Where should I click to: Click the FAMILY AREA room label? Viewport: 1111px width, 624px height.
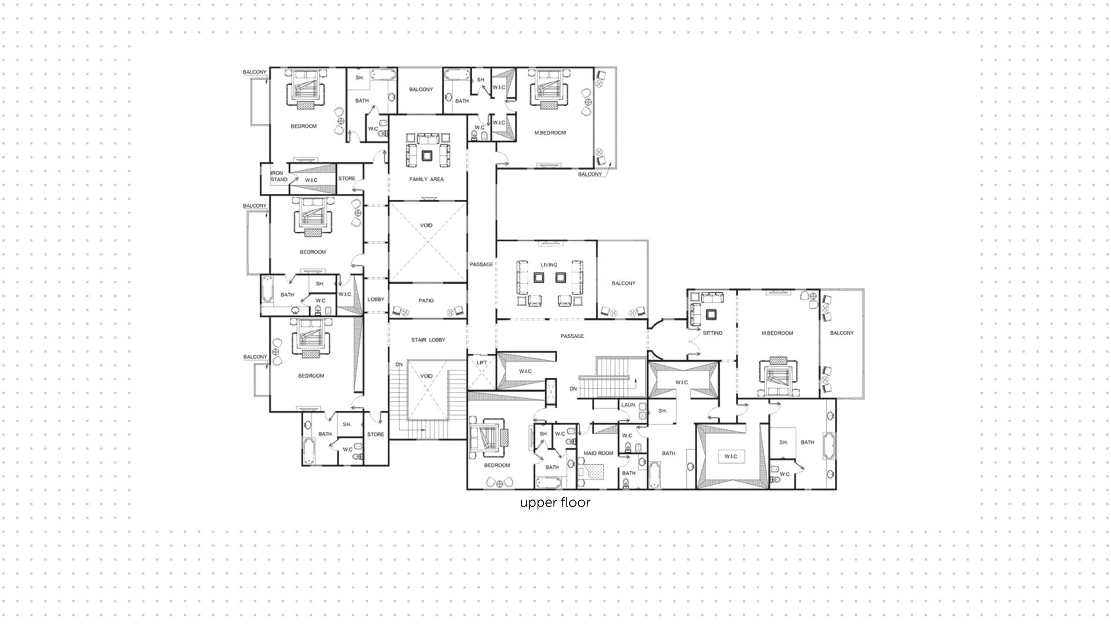(426, 179)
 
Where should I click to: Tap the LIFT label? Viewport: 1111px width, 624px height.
(481, 363)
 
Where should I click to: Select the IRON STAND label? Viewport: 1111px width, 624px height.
(279, 176)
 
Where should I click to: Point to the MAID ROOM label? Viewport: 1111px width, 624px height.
(598, 453)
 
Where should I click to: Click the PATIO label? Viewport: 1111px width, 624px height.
(426, 301)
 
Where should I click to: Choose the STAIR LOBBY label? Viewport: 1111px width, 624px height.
(428, 340)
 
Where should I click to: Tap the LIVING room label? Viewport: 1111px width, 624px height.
(549, 265)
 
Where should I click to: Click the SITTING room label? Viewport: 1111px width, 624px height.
(712, 333)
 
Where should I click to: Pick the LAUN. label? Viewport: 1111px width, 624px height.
(629, 405)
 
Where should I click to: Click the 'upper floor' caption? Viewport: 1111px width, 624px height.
(555, 502)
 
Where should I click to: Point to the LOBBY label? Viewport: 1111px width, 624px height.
(376, 299)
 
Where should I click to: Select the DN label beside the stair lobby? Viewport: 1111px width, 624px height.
(399, 364)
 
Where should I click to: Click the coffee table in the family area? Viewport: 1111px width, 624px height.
(427, 155)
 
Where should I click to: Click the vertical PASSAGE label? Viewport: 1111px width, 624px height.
(481, 265)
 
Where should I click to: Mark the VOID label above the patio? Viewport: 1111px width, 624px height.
(426, 226)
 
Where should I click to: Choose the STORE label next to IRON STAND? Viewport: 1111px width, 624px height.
(347, 178)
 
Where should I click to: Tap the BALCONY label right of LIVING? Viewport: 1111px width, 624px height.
(624, 284)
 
